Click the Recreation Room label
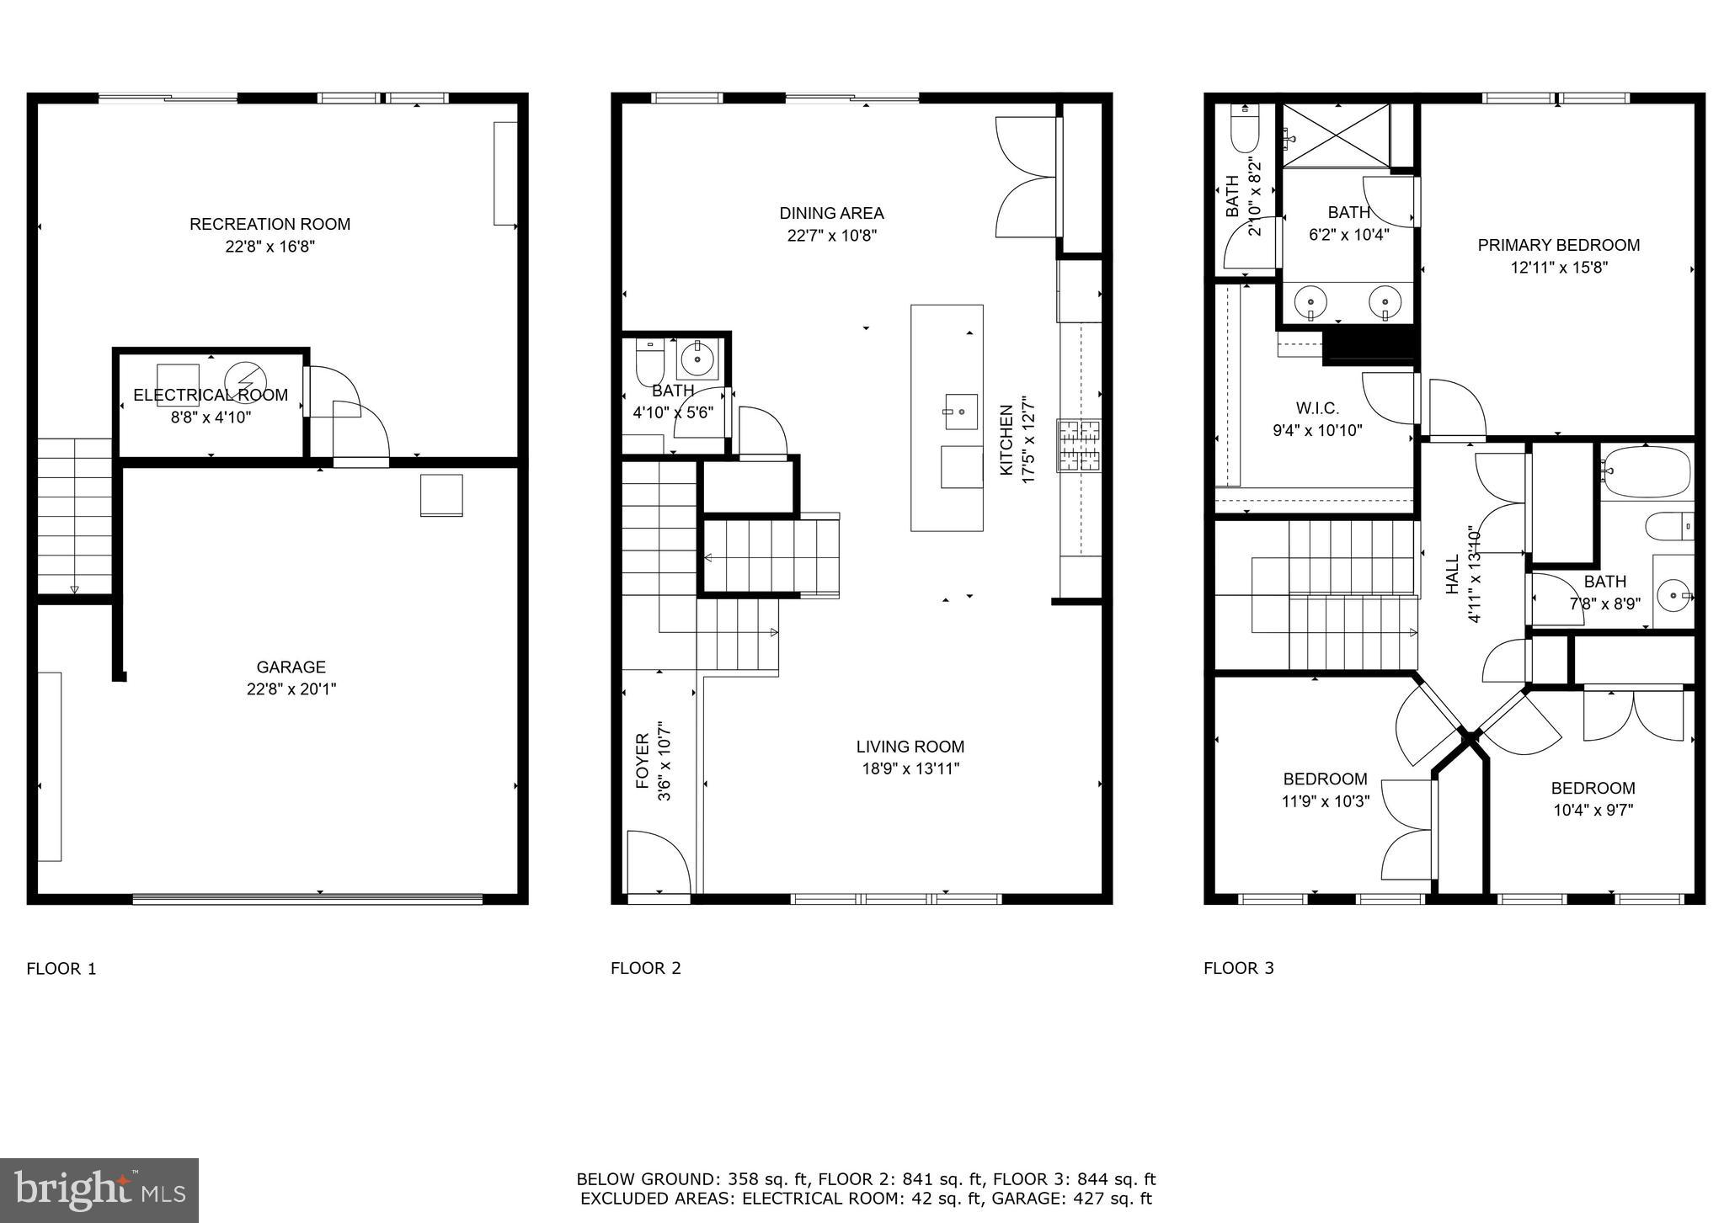click(x=270, y=224)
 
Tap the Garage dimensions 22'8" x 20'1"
click(x=291, y=689)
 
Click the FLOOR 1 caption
click(x=61, y=969)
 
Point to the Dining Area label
click(x=831, y=214)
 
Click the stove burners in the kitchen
click(x=1079, y=446)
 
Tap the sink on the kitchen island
click(x=960, y=412)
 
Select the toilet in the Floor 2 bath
click(x=649, y=361)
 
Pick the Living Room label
click(x=910, y=747)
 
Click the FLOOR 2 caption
click(x=645, y=969)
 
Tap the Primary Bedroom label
click(x=1558, y=246)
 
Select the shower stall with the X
click(x=1337, y=136)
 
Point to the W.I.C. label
click(x=1317, y=408)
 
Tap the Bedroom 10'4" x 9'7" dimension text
click(x=1593, y=811)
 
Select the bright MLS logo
click(x=99, y=1190)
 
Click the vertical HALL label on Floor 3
click(x=1452, y=574)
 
